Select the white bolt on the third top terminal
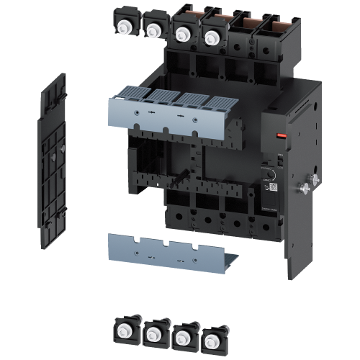coord(181,32)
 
